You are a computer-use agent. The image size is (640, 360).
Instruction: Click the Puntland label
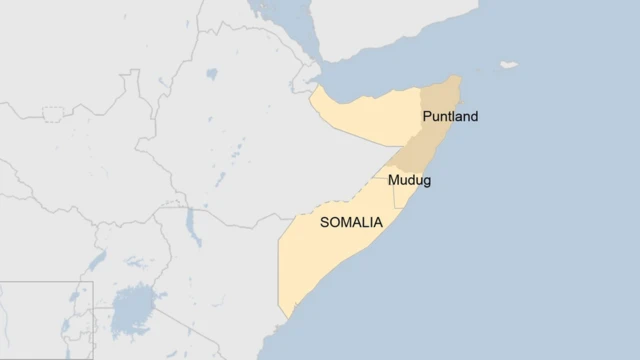click(450, 117)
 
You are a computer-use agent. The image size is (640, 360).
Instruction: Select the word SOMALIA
click(351, 224)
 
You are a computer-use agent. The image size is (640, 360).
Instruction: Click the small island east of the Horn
click(509, 66)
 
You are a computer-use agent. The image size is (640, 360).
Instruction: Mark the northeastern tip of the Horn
click(458, 78)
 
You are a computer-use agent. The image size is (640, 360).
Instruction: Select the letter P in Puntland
click(427, 117)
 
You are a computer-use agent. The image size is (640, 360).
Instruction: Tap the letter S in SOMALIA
click(324, 224)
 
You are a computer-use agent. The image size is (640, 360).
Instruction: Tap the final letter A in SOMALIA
click(378, 224)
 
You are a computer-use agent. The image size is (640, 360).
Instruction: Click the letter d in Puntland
click(473, 117)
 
